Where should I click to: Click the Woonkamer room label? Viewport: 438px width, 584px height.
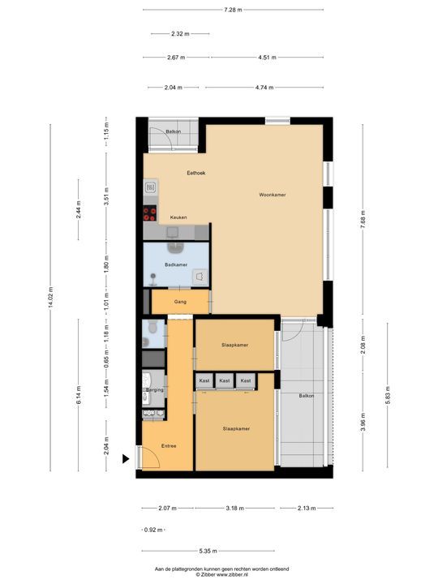tap(272, 195)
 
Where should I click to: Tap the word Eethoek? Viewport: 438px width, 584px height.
tap(195, 173)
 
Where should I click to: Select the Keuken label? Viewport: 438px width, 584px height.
tap(178, 217)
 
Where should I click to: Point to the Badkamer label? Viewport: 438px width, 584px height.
tap(175, 265)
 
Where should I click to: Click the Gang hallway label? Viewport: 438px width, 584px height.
tap(180, 302)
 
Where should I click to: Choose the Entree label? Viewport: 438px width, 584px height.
tap(169, 446)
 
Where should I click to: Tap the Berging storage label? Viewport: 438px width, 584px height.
tap(155, 390)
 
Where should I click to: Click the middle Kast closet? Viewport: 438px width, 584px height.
tap(224, 380)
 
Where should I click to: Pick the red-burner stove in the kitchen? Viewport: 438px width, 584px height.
tap(149, 214)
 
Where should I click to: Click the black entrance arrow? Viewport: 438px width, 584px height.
tap(126, 459)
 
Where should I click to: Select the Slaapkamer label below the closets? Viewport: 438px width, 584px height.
tap(234, 428)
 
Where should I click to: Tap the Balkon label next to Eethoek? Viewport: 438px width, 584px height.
tap(173, 131)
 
